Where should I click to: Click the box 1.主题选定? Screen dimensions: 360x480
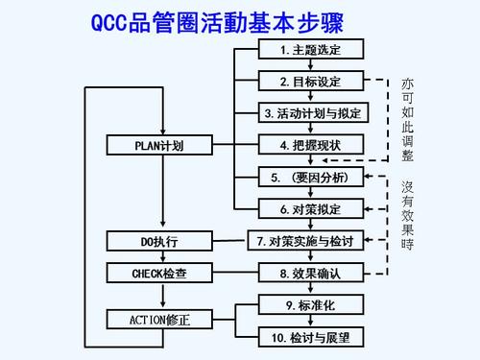tap(310, 49)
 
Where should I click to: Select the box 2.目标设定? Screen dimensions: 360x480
tap(310, 81)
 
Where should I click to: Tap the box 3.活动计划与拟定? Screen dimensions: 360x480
tap(310, 113)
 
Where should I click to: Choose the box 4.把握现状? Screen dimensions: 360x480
tap(310, 145)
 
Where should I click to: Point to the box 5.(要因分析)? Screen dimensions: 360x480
tap(310, 178)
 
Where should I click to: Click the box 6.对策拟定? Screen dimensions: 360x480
tap(310, 208)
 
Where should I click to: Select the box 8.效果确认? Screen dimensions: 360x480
tap(310, 273)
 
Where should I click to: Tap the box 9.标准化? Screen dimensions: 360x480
tap(310, 305)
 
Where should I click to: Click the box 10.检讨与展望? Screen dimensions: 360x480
tap(310, 337)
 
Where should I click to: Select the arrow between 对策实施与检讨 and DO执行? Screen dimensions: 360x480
tap(230, 240)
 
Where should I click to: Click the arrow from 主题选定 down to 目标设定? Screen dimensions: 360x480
tap(310, 65)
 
